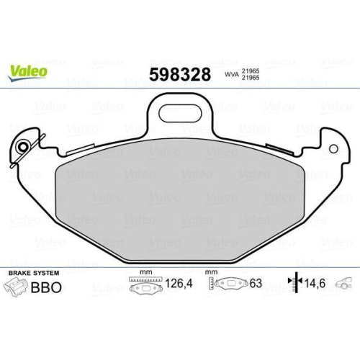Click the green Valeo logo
(x=27, y=73)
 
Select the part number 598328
(x=180, y=74)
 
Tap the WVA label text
(x=232, y=74)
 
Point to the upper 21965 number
(x=251, y=71)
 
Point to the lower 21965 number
(x=251, y=78)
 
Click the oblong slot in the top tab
(x=180, y=112)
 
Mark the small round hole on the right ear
(x=333, y=149)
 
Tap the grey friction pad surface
(x=180, y=200)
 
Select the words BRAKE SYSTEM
(x=34, y=273)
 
